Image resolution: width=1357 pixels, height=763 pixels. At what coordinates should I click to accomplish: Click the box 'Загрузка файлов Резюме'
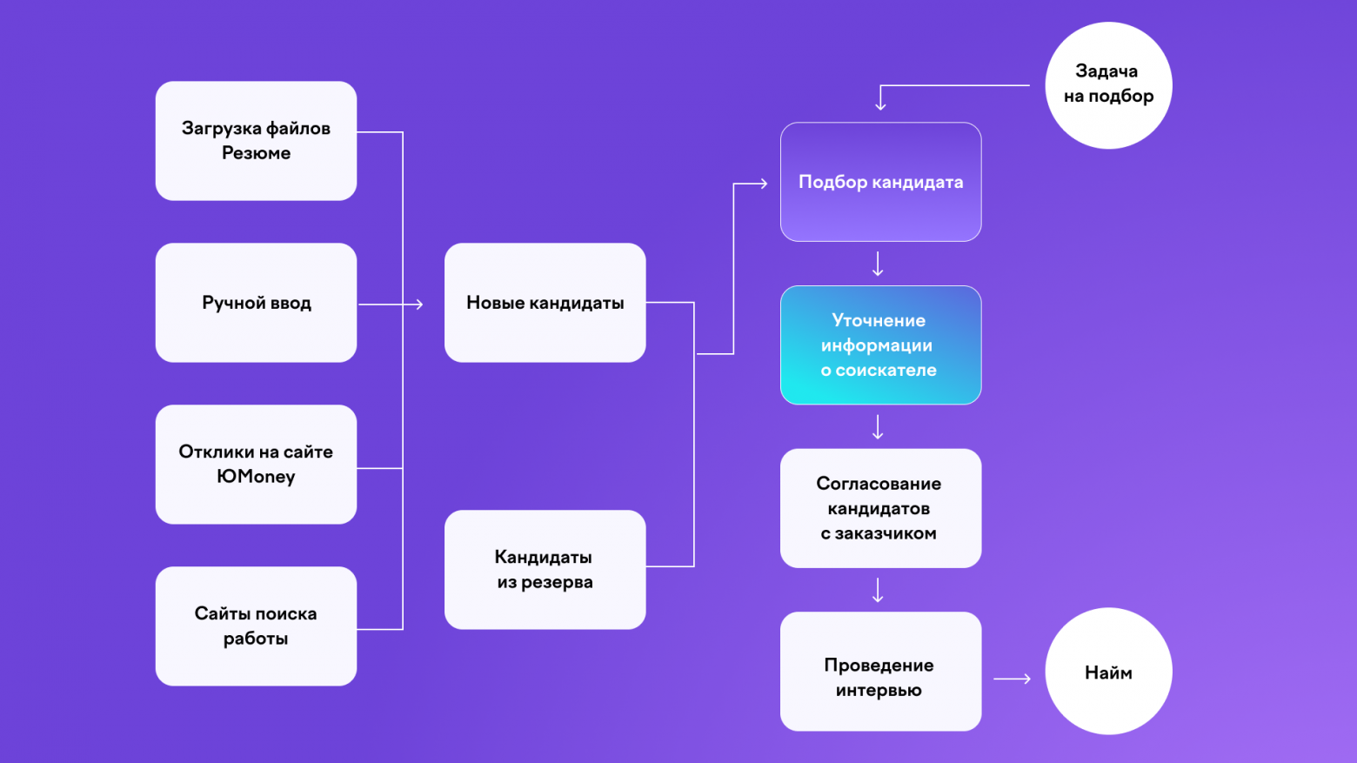tap(256, 141)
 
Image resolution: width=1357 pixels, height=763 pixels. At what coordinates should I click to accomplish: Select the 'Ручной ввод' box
tap(256, 303)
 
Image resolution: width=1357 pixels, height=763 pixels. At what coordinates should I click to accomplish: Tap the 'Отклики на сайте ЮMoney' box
tap(256, 465)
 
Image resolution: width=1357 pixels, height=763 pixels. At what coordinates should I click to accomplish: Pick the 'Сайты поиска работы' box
tap(256, 626)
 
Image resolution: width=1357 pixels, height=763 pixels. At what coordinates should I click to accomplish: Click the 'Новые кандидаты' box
tap(545, 303)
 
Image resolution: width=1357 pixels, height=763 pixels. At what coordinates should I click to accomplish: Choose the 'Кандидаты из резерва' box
tap(545, 570)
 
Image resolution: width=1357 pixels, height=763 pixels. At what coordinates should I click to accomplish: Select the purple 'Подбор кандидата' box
tap(880, 182)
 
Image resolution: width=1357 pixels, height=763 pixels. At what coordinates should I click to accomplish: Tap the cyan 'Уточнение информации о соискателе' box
tap(880, 345)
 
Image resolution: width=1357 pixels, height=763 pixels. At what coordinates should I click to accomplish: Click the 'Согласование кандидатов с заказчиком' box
tap(880, 508)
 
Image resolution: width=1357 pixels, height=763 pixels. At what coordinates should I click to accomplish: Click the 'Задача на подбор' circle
tap(1108, 85)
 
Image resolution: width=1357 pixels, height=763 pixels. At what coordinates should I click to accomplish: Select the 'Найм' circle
tap(1108, 672)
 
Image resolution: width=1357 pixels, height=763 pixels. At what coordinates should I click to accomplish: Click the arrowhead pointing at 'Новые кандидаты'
tap(418, 305)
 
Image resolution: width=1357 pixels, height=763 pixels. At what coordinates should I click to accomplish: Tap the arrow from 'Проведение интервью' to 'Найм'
tap(1013, 679)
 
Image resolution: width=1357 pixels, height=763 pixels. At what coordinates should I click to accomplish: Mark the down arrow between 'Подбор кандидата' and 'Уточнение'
tap(878, 264)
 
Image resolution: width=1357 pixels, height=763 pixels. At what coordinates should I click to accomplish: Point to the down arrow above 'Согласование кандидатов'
tap(878, 427)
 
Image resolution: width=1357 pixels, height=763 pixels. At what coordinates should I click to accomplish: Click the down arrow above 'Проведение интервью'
tap(878, 590)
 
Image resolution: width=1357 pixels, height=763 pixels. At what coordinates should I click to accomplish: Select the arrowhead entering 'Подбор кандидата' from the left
tap(763, 184)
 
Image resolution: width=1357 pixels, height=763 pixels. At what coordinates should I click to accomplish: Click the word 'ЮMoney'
tap(256, 477)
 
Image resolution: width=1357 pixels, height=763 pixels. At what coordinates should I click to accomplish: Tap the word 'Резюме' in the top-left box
tap(256, 153)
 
